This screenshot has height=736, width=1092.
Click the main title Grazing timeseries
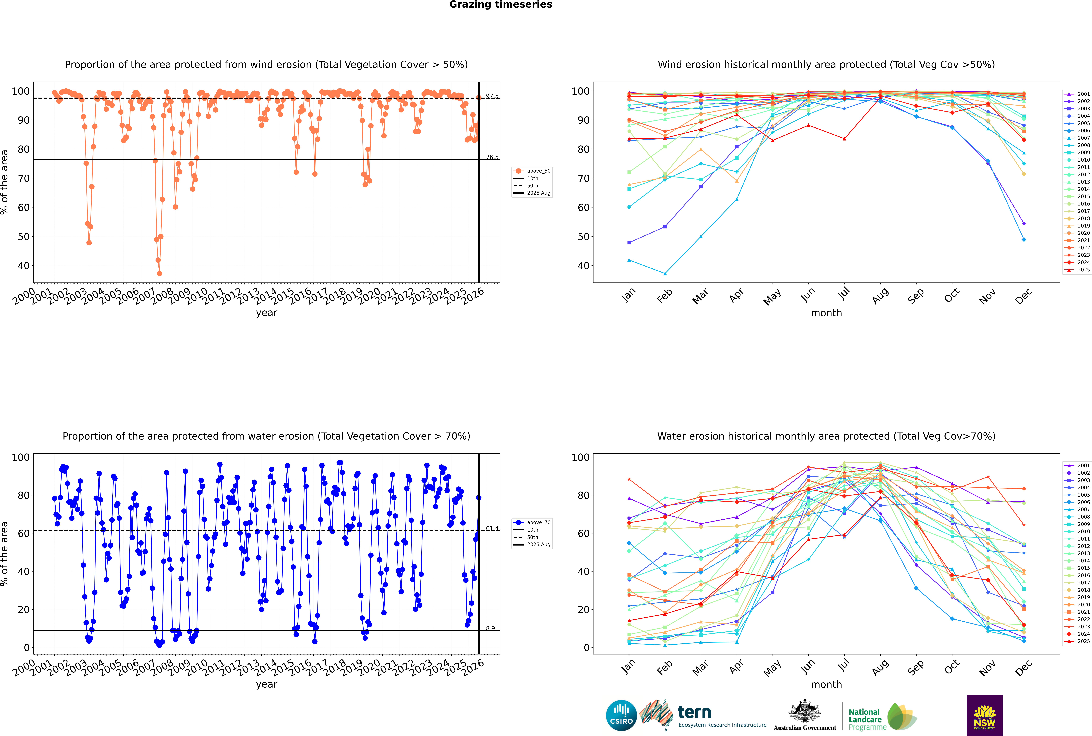coord(501,5)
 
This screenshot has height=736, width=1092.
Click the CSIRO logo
coord(621,715)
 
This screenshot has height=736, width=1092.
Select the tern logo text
coord(694,713)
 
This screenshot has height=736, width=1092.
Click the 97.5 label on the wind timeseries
coord(492,96)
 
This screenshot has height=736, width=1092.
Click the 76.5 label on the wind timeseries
coord(492,157)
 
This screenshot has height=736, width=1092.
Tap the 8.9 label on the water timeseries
coord(490,628)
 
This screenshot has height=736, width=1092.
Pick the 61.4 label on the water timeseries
coord(492,529)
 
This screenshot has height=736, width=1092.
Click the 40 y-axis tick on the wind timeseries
coord(23,266)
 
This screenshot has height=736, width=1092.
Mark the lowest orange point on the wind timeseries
coord(160,274)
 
